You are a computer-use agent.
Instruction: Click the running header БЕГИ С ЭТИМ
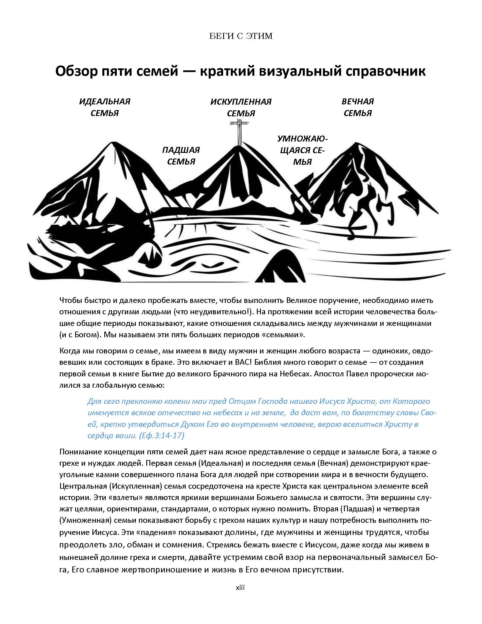(x=241, y=36)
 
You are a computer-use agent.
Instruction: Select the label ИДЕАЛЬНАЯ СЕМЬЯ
(x=105, y=107)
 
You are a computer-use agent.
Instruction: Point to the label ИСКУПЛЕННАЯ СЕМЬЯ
(x=241, y=107)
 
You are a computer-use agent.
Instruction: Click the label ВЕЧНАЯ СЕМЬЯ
(x=358, y=107)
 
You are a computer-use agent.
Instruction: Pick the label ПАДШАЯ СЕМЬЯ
(x=181, y=156)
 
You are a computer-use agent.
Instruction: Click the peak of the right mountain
(x=356, y=143)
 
